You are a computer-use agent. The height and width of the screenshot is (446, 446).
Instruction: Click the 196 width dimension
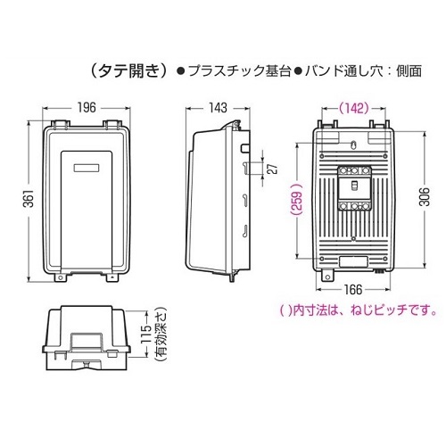tap(87, 108)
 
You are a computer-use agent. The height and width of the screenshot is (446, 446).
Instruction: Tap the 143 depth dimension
tap(218, 108)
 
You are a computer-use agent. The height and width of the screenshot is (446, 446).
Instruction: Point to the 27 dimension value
tap(275, 169)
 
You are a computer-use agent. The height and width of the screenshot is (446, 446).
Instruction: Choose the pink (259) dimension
tap(297, 200)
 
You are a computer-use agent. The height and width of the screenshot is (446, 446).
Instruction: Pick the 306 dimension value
tap(425, 197)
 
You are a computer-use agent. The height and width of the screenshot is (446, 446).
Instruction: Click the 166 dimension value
tap(353, 289)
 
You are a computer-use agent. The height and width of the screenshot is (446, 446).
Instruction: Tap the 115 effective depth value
tap(146, 334)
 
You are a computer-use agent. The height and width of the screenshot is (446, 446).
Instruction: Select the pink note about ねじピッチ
tap(359, 310)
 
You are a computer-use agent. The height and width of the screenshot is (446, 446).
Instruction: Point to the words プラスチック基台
tap(239, 71)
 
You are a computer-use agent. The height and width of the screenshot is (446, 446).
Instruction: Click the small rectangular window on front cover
tap(87, 168)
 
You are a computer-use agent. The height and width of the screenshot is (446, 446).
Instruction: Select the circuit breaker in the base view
tap(354, 188)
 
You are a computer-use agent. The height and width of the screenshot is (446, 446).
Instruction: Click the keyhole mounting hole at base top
tap(353, 145)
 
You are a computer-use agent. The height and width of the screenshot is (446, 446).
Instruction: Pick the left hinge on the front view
tap(61, 124)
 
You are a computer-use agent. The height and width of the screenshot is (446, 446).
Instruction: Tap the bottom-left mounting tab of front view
tap(60, 277)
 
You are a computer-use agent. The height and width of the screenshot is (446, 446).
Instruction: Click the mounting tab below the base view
tap(327, 275)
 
